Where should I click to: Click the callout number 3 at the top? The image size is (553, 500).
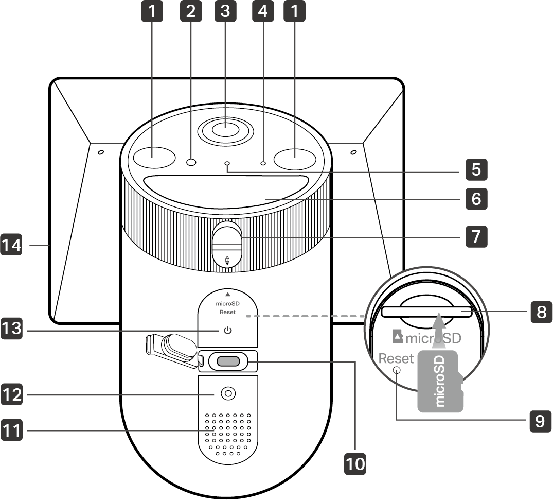224,12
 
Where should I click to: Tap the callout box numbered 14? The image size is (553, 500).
11,246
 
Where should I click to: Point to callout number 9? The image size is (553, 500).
539,421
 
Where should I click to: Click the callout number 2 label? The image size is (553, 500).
191,12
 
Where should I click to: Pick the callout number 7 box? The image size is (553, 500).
476,236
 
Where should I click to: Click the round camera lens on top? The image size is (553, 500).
226,129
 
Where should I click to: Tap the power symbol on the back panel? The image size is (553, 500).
227,330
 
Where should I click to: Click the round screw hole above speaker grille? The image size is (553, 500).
227,394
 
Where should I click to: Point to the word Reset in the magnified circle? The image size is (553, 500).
396,358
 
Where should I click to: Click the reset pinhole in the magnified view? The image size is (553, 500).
397,370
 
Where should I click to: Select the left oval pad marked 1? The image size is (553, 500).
154,157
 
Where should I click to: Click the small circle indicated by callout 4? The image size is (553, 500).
263,162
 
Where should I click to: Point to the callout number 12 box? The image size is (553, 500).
11,395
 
